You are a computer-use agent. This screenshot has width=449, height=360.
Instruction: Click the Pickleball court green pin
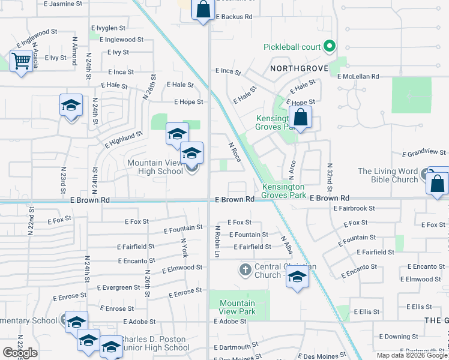click(x=328, y=46)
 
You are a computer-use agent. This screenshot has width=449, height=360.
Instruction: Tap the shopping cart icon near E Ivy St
click(x=21, y=61)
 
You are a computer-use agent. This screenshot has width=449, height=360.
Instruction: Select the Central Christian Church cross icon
click(x=245, y=269)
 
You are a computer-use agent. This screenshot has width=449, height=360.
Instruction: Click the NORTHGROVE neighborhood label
click(x=299, y=68)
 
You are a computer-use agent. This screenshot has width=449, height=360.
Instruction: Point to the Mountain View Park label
click(x=238, y=307)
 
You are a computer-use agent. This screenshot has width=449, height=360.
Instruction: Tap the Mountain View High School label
click(x=154, y=167)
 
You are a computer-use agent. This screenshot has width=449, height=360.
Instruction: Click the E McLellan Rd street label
click(x=358, y=77)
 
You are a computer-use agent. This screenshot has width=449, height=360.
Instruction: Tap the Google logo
click(x=20, y=353)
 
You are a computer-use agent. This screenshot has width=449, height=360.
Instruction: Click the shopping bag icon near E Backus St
click(x=203, y=10)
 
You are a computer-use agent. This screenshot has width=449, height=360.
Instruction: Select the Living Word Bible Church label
click(x=388, y=175)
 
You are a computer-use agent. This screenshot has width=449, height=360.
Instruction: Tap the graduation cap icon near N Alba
click(x=297, y=277)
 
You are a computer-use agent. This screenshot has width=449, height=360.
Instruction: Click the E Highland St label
click(x=123, y=140)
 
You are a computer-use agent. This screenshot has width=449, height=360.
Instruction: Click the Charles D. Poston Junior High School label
click(x=155, y=343)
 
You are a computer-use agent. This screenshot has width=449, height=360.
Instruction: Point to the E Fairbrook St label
click(x=354, y=208)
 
